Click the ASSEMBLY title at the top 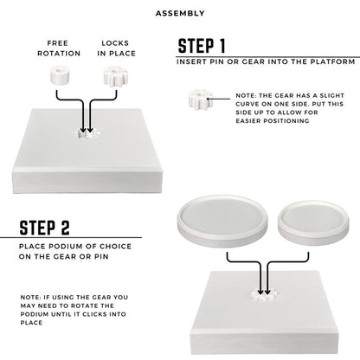click(180, 14)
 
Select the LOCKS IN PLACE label click(115, 47)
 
